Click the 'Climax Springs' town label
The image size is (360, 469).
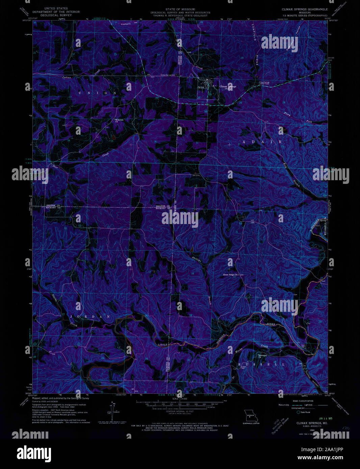tap(228, 86)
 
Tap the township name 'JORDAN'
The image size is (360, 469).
tap(90, 316)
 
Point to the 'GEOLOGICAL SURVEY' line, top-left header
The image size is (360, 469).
tap(56, 15)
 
